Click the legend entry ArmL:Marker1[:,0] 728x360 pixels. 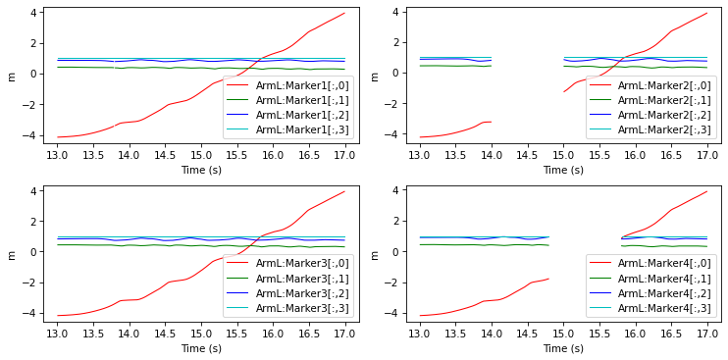(x=302, y=85)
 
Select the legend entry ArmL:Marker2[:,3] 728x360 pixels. (x=664, y=130)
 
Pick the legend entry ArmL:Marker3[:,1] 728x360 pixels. (x=302, y=279)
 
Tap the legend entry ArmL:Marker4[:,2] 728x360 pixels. (x=664, y=293)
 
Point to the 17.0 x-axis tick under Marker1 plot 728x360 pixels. (x=344, y=153)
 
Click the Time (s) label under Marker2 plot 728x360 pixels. (x=563, y=170)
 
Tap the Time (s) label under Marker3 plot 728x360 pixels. (x=201, y=348)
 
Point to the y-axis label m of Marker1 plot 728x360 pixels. (x=13, y=77)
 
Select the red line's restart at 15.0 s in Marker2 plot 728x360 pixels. (x=563, y=92)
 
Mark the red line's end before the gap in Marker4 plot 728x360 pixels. (x=549, y=279)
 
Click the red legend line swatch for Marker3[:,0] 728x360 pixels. (x=238, y=264)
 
